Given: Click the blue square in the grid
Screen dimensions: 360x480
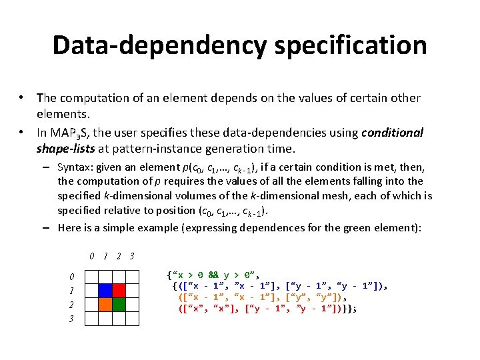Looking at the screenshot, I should tap(105, 291).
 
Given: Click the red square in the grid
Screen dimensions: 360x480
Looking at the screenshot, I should tap(119, 291).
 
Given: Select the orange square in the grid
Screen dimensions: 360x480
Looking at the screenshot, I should tap(105, 305).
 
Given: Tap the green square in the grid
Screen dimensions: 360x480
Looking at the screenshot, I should tap(119, 305).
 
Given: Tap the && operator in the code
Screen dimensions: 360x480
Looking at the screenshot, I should tap(213, 274).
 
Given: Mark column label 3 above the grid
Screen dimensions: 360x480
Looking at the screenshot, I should tap(132, 257).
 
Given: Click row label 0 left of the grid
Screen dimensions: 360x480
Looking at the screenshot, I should tap(72, 277).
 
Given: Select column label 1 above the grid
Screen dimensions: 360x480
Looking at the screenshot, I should tap(105, 257).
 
